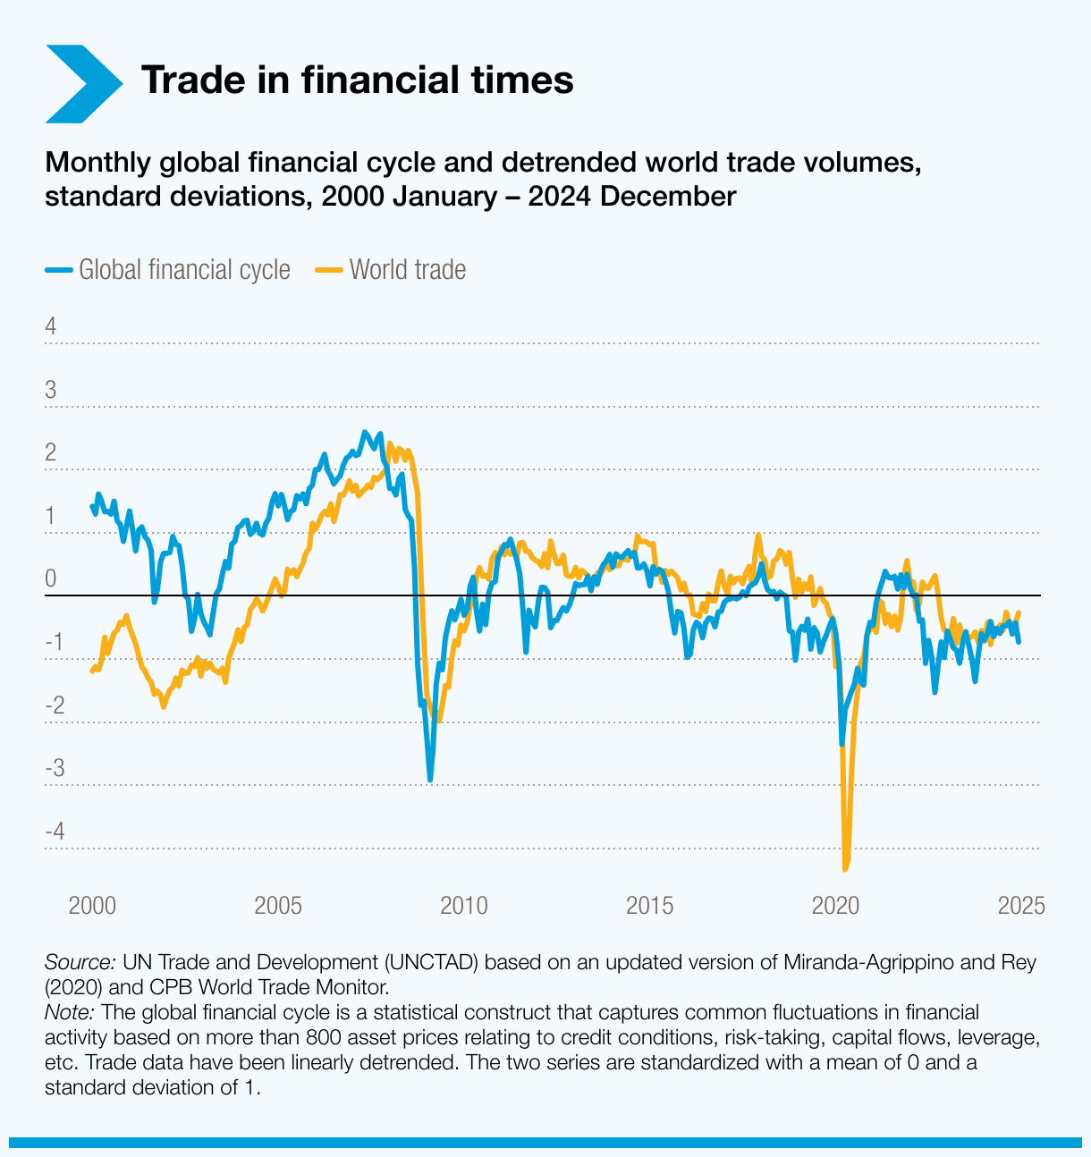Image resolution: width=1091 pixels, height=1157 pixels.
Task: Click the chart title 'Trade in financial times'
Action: click(357, 80)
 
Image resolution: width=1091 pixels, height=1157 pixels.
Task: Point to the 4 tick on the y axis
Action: click(51, 326)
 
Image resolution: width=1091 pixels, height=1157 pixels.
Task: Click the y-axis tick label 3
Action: click(51, 390)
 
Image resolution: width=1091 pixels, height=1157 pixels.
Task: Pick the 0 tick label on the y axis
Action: click(51, 578)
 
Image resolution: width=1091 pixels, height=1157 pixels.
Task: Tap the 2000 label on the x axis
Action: click(92, 905)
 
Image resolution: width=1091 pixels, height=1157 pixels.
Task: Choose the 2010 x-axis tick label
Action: click(464, 905)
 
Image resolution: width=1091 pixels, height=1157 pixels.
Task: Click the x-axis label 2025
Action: click(1020, 905)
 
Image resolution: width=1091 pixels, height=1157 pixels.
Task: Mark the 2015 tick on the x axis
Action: click(649, 905)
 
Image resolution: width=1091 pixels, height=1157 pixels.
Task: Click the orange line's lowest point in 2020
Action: click(845, 868)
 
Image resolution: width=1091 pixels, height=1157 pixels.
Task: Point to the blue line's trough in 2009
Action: click(430, 780)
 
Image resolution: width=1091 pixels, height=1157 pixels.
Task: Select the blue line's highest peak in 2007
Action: click(364, 433)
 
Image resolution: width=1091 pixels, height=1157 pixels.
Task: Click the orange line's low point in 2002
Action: click(163, 706)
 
